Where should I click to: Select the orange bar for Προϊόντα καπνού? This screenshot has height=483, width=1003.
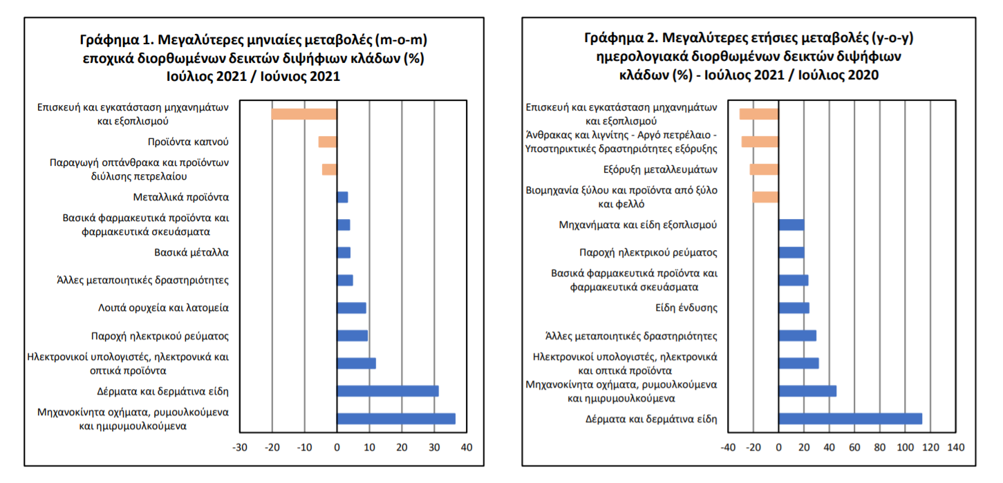coord(327,142)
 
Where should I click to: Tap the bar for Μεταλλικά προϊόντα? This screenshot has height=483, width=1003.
coord(342,197)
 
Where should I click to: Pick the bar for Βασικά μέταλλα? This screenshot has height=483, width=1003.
coord(344,252)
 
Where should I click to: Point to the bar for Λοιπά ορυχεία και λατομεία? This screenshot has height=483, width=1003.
coord(351,307)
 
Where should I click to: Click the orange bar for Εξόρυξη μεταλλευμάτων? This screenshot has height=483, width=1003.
coord(764,169)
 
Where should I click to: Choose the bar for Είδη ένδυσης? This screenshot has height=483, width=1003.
coord(794,307)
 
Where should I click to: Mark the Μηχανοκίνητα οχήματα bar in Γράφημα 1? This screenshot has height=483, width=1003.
coord(395,418)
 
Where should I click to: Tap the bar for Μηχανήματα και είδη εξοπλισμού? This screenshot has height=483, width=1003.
coord(791,225)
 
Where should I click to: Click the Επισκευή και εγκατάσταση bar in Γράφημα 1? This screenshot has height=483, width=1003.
coord(304,114)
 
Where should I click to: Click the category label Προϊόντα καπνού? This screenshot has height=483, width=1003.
coord(188,142)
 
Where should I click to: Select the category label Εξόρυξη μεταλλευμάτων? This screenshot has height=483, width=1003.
coord(660,170)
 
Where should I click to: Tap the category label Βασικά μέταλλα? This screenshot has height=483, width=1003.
coord(191,253)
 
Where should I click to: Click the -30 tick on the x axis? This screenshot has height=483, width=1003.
coord(239,448)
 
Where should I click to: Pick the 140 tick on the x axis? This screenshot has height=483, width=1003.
coord(955,448)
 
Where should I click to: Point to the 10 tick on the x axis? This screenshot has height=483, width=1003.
coord(369,448)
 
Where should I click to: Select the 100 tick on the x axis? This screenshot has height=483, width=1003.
coord(905,448)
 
